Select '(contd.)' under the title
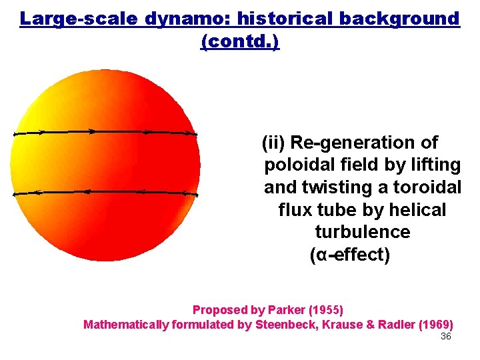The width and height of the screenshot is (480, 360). [x=240, y=41]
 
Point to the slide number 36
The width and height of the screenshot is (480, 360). [x=446, y=336]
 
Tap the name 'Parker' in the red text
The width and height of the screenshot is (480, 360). [x=284, y=310]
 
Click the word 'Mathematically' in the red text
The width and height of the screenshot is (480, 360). [x=125, y=325]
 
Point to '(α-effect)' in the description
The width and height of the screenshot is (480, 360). [x=350, y=255]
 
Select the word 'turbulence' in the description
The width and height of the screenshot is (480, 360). [x=362, y=232]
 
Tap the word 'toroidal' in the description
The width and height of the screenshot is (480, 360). [x=429, y=187]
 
